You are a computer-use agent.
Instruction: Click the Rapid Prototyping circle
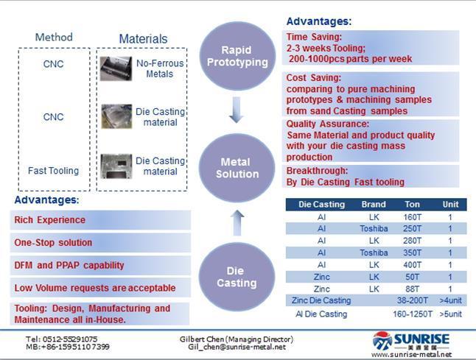coord(237,56)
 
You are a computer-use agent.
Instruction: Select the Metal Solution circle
coord(237,168)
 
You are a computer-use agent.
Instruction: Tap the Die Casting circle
coord(237,277)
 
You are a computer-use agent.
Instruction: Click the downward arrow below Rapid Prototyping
coord(237,110)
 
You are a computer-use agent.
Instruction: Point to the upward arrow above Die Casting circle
coord(237,223)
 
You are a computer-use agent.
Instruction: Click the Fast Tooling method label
coord(54,171)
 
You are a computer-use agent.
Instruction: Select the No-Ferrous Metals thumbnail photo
coord(116,68)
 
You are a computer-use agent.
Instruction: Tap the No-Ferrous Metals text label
coord(160,68)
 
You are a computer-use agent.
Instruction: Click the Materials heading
coord(143,39)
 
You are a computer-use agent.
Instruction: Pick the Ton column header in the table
coord(412,205)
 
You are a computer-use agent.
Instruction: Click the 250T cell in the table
coord(412,228)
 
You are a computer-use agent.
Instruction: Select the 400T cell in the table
coord(412,265)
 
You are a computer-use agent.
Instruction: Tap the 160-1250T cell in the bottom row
coord(412,314)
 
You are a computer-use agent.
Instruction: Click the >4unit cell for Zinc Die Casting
coord(450,300)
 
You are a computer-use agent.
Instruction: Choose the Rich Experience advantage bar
coord(100,220)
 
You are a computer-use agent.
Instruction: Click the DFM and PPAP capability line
coord(69,265)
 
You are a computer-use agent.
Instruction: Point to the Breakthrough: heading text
coord(317,171)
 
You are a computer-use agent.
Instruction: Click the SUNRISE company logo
coord(411,341)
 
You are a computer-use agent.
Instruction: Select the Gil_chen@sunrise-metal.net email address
coord(237,347)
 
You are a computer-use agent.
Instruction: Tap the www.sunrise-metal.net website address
coord(411,355)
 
